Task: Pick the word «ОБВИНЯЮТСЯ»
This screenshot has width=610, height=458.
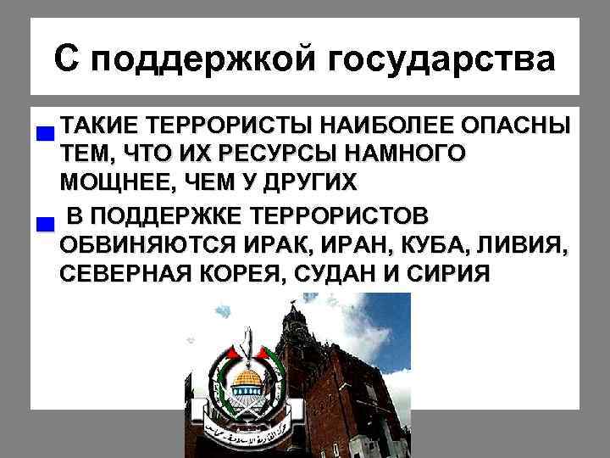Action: [149, 246]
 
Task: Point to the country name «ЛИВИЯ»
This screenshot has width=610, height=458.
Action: [525, 246]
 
